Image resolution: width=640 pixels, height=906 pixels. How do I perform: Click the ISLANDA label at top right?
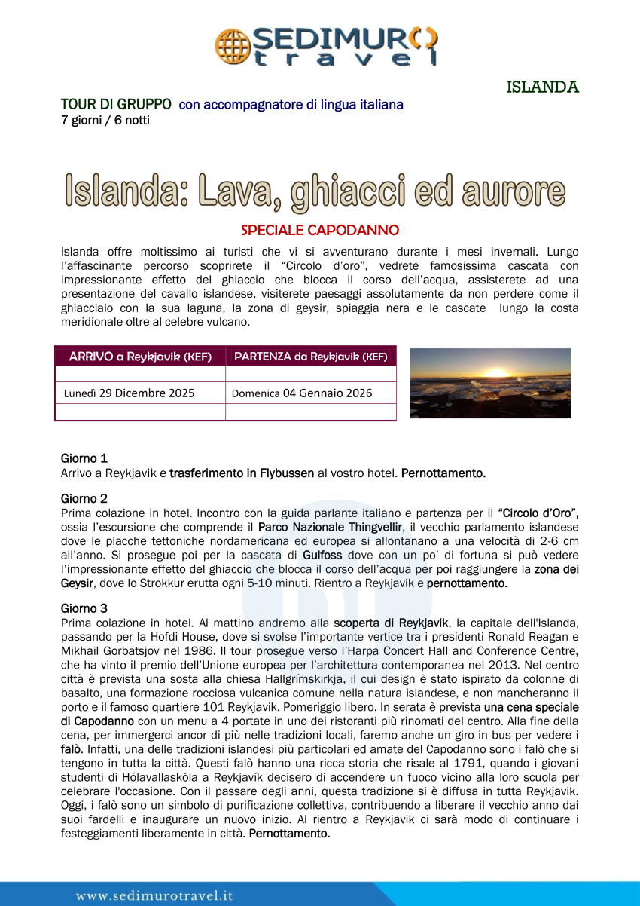pyautogui.click(x=542, y=87)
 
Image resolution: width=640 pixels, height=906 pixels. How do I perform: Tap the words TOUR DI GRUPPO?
pyautogui.click(x=116, y=105)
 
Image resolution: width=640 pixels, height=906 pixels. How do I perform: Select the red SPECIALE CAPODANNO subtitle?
pyautogui.click(x=320, y=230)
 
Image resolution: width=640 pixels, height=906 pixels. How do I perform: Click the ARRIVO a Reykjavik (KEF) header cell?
pyautogui.click(x=140, y=356)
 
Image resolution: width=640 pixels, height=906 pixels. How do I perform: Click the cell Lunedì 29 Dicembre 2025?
pyautogui.click(x=129, y=393)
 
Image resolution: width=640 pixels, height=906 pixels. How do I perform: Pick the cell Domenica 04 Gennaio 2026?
pyautogui.click(x=302, y=393)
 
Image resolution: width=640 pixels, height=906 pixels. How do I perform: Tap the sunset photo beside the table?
pyautogui.click(x=490, y=383)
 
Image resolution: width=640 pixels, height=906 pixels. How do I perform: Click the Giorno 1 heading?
pyautogui.click(x=84, y=458)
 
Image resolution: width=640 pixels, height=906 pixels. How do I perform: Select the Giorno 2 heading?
pyautogui.click(x=84, y=499)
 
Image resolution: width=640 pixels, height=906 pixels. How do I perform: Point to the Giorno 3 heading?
pyautogui.click(x=84, y=608)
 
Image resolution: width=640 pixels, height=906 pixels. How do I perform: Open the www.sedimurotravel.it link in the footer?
pyautogui.click(x=154, y=895)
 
